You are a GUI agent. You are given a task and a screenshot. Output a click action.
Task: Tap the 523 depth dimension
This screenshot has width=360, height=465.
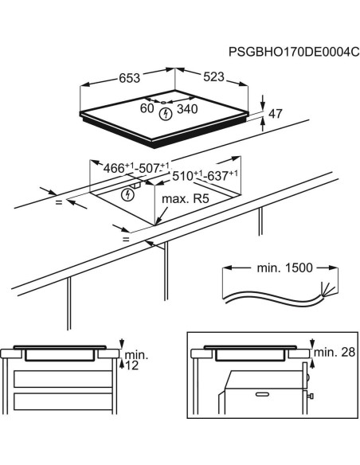point(214,77)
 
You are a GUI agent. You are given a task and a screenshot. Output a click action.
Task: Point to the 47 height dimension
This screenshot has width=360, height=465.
point(276,114)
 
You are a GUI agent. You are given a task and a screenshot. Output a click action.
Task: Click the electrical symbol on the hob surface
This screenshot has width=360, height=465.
point(166,115)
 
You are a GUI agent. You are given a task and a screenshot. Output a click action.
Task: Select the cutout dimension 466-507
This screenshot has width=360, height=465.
point(137,167)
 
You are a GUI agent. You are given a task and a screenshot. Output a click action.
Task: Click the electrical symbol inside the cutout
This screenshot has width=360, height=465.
point(127,194)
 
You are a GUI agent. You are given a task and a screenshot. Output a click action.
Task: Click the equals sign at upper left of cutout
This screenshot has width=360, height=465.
point(58,202)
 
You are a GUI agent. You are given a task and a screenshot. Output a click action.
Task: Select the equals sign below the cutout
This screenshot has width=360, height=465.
point(126,238)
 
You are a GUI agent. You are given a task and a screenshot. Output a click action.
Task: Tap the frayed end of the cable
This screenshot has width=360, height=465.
point(323,290)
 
